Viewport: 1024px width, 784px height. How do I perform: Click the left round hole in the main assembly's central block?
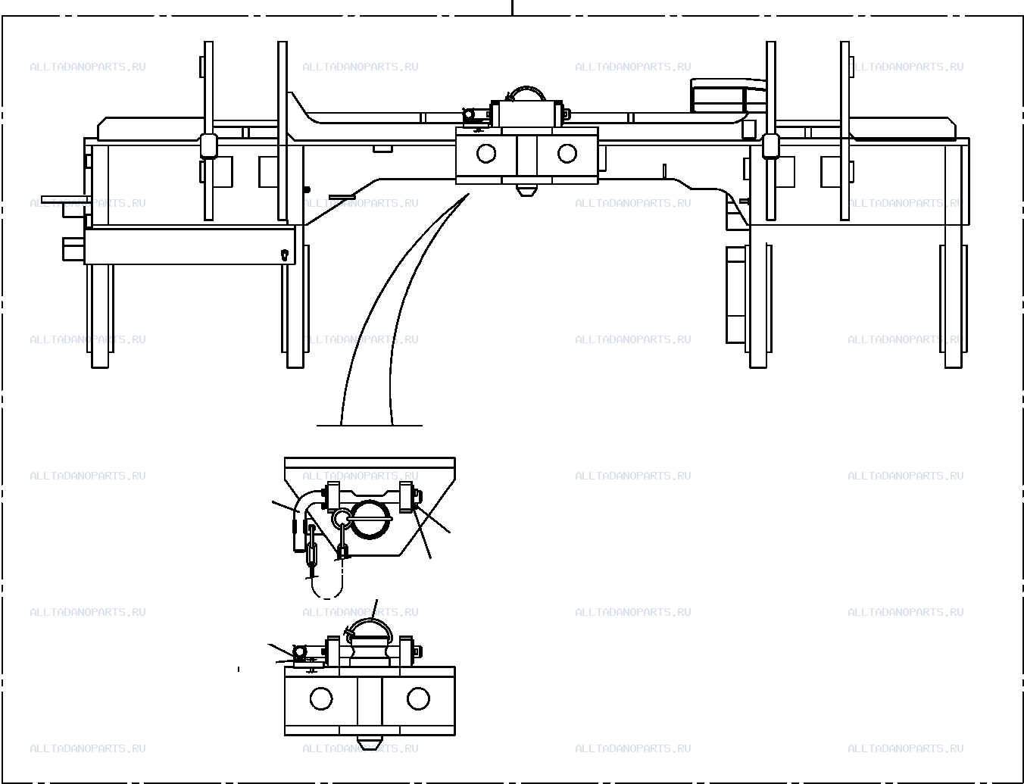pyautogui.click(x=485, y=154)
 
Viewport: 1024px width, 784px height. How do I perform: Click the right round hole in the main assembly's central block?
pyautogui.click(x=567, y=153)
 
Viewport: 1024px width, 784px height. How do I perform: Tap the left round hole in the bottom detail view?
pyautogui.click(x=321, y=698)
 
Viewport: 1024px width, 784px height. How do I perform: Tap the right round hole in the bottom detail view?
pyautogui.click(x=418, y=698)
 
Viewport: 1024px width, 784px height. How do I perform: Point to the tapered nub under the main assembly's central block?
pyautogui.click(x=526, y=190)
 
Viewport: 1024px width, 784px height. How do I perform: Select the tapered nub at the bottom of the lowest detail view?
pyautogui.click(x=370, y=740)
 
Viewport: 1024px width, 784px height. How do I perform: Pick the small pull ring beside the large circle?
pyautogui.click(x=340, y=519)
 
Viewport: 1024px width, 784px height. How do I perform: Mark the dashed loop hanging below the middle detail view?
pyautogui.click(x=327, y=588)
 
